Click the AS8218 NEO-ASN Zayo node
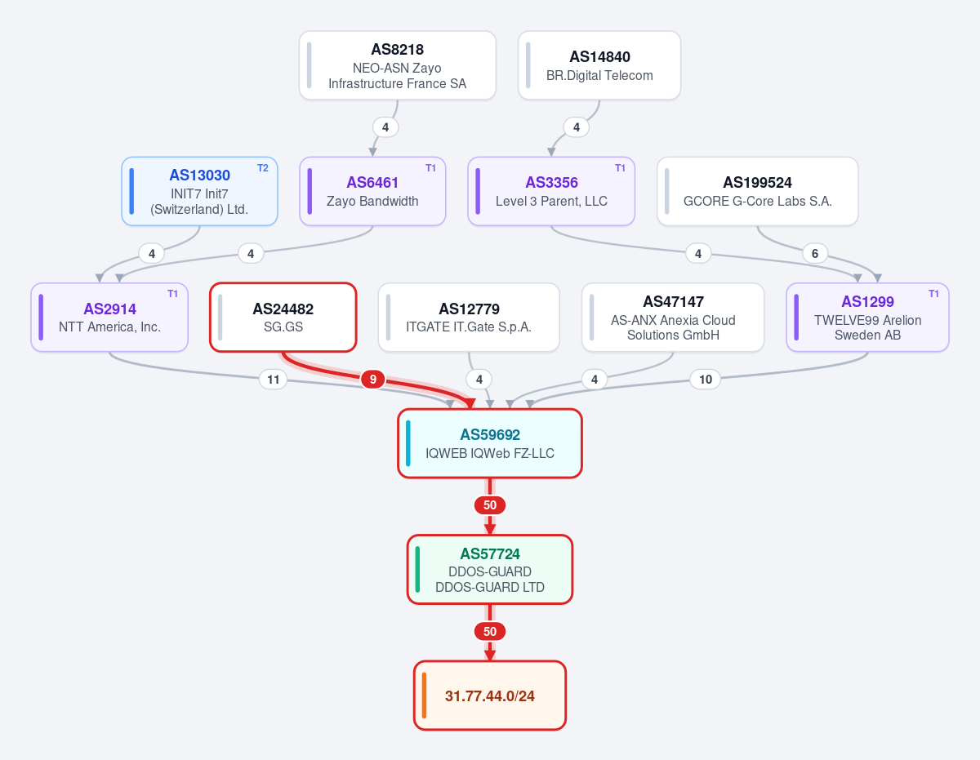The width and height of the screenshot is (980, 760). point(398,65)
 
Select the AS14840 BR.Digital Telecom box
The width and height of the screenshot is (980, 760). point(599,65)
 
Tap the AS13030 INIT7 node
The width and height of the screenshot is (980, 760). point(199,191)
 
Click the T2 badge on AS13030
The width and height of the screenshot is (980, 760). point(262,168)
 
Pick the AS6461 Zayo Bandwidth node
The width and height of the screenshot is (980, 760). point(372,191)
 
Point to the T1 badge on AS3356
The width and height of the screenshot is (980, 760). point(620,168)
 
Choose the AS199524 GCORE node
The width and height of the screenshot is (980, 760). point(757,191)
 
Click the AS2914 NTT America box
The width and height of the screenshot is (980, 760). point(109,318)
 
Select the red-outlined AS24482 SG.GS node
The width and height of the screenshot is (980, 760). point(283,318)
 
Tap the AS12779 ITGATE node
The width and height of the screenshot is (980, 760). point(469,318)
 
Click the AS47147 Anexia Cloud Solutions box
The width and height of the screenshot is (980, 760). point(673,318)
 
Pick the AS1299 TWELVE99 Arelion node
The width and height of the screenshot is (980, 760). point(867,318)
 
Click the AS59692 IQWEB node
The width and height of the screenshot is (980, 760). point(490,443)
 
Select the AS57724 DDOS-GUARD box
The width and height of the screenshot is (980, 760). point(490,570)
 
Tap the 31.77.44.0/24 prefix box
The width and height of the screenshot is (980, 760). point(490,696)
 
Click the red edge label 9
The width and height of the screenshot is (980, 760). point(373,380)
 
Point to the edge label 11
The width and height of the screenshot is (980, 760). point(274,380)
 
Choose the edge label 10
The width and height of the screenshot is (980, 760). point(706,380)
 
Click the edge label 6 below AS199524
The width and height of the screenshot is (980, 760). point(815,253)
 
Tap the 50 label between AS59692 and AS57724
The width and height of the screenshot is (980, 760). point(490,505)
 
